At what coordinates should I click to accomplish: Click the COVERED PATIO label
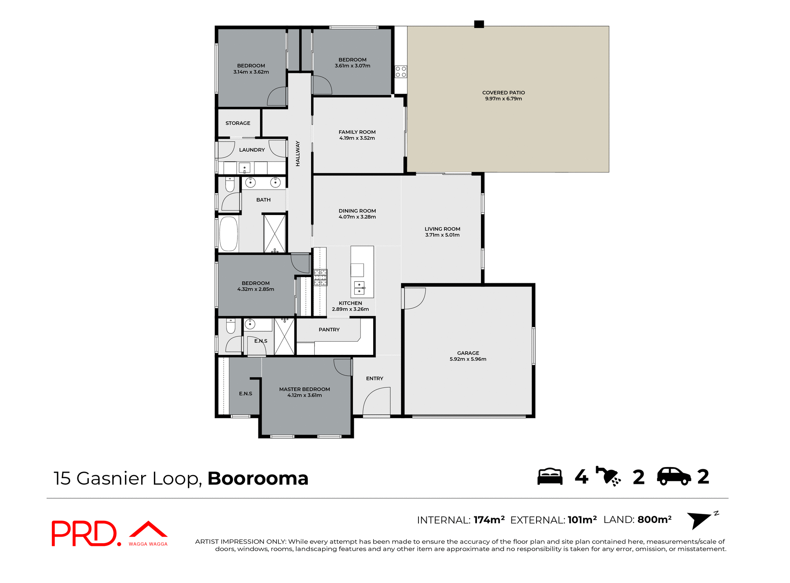[503, 93]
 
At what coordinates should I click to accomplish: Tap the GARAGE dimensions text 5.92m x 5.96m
[468, 359]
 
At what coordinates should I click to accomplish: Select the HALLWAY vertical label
[297, 153]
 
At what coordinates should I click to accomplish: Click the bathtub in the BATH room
[228, 233]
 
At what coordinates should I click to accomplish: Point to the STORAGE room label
[237, 123]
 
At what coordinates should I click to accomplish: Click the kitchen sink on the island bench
[359, 288]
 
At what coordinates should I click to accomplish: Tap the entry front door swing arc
[376, 401]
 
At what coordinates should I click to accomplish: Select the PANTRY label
[329, 329]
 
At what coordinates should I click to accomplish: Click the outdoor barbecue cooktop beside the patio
[401, 72]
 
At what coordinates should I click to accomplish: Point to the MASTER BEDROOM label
[304, 389]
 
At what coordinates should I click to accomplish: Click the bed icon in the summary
[550, 477]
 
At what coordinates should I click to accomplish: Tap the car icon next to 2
[674, 477]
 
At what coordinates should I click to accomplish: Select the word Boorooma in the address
[258, 478]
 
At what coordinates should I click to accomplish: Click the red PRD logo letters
[84, 533]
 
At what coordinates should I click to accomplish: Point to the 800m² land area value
[654, 520]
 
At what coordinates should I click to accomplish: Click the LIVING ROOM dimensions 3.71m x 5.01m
[442, 235]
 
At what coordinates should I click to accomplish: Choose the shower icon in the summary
[608, 477]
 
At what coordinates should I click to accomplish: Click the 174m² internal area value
[489, 520]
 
